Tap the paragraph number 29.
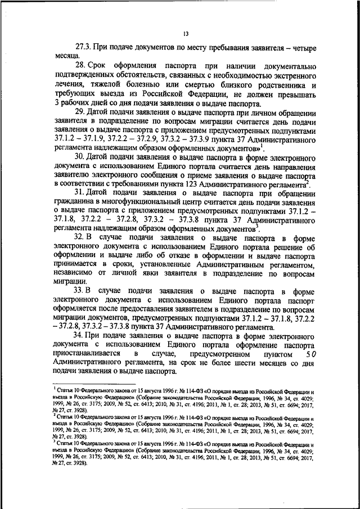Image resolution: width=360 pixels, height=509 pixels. (81, 113)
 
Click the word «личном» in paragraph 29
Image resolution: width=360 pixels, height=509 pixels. (258, 113)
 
